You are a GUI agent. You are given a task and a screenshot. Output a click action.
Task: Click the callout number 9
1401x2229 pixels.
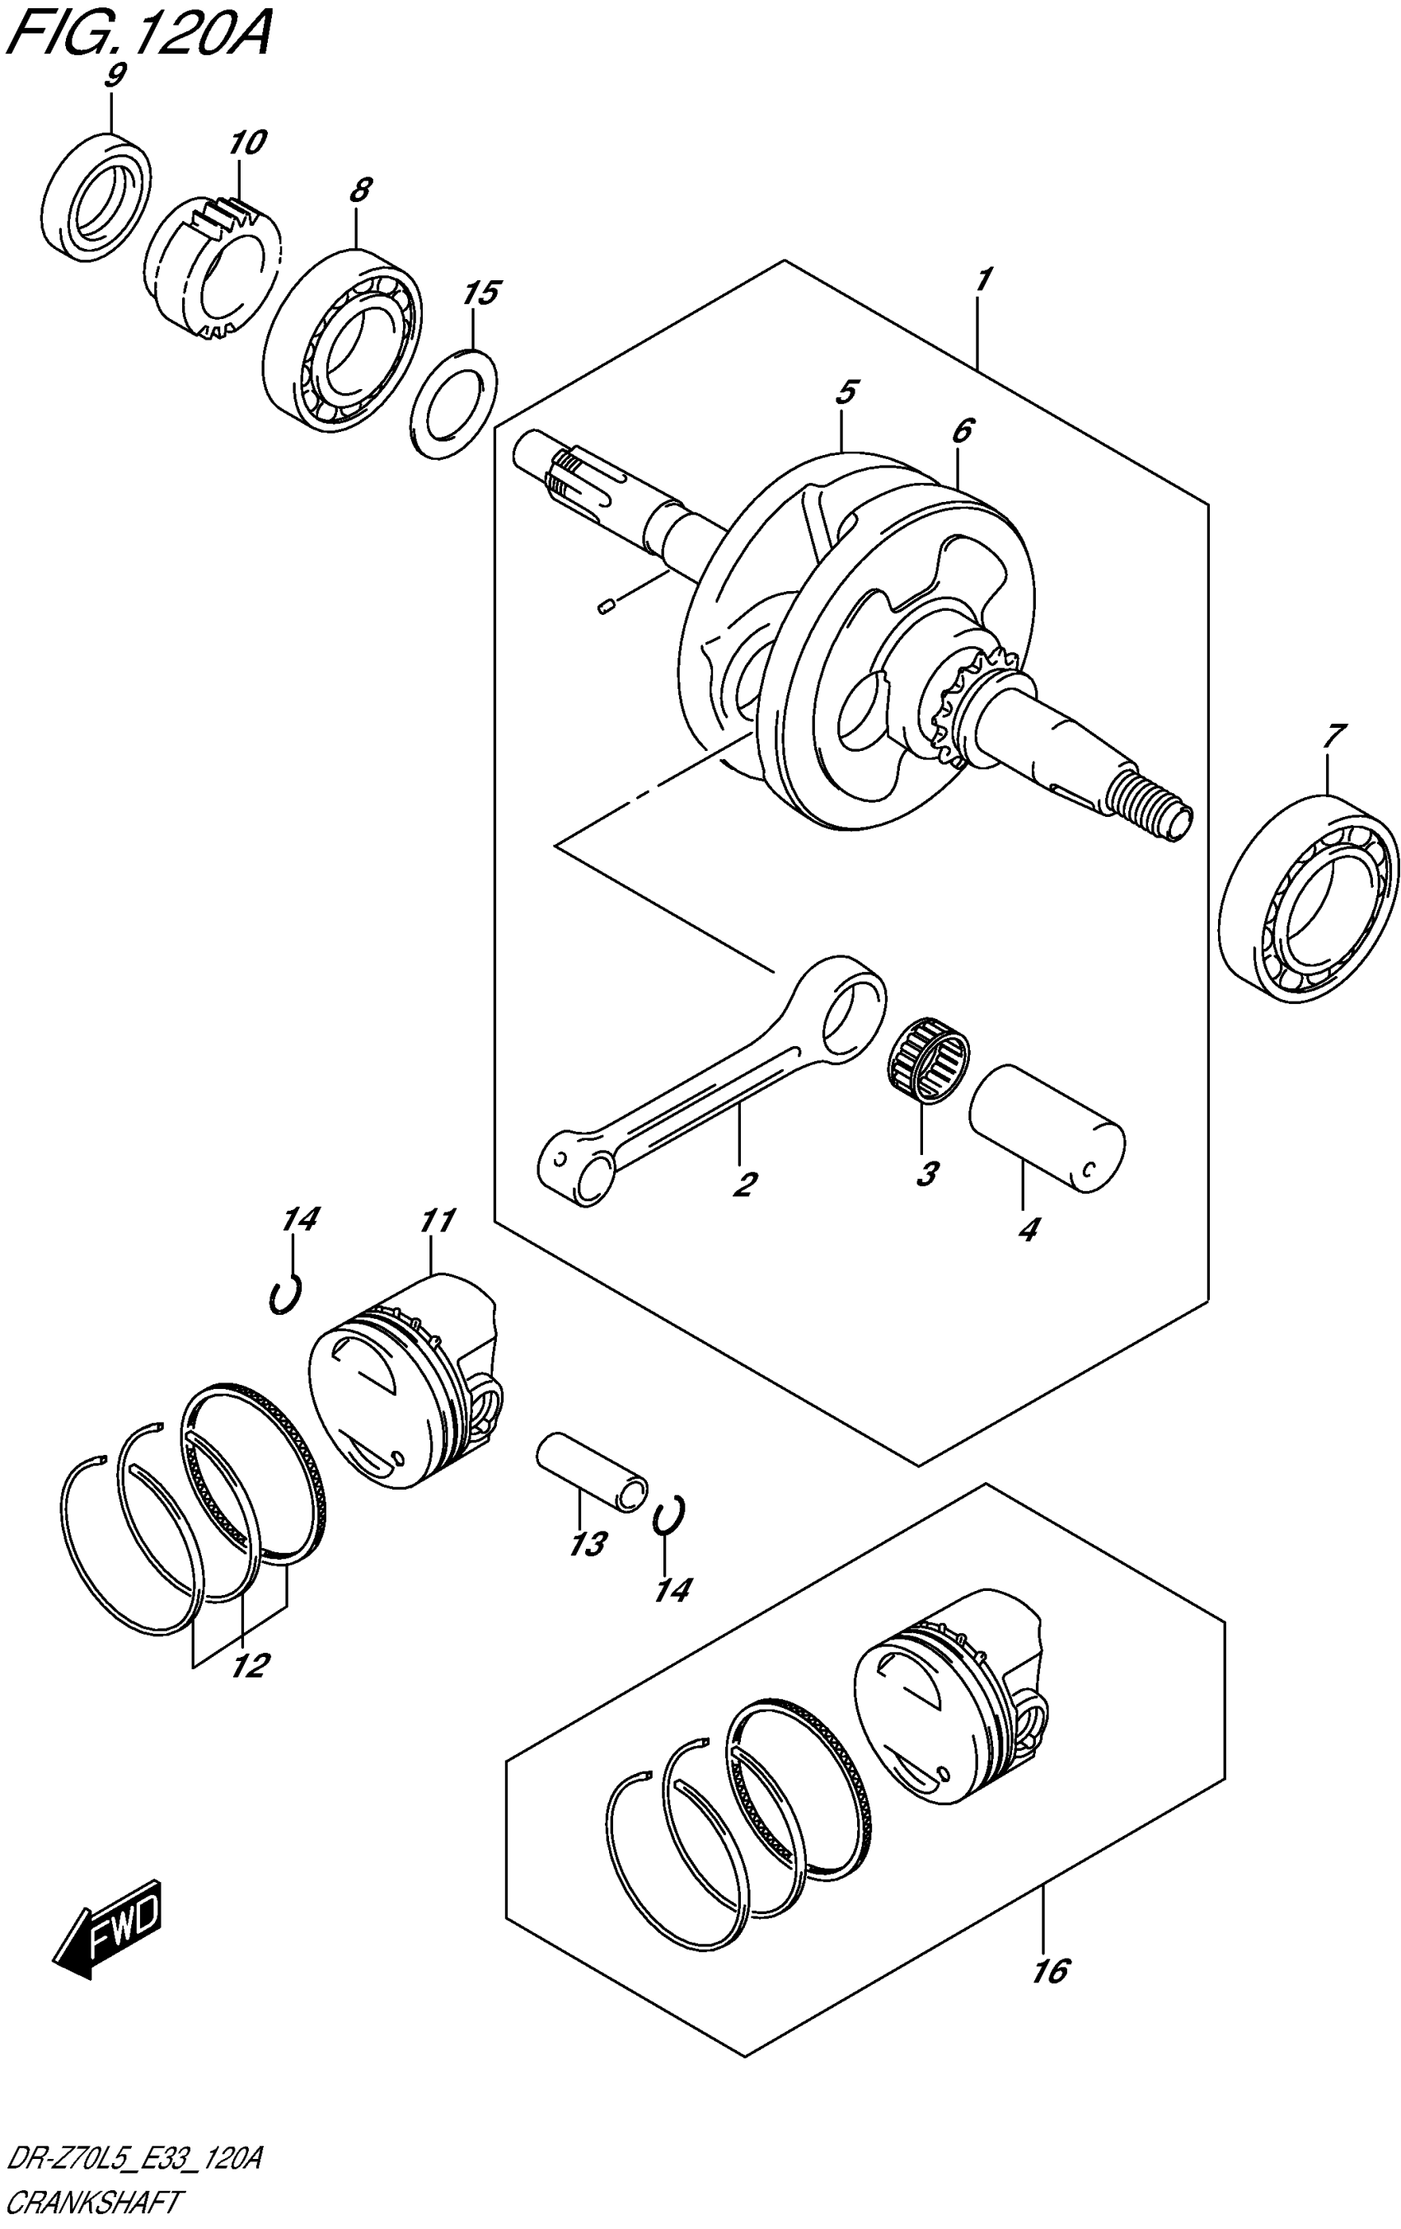pos(113,76)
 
